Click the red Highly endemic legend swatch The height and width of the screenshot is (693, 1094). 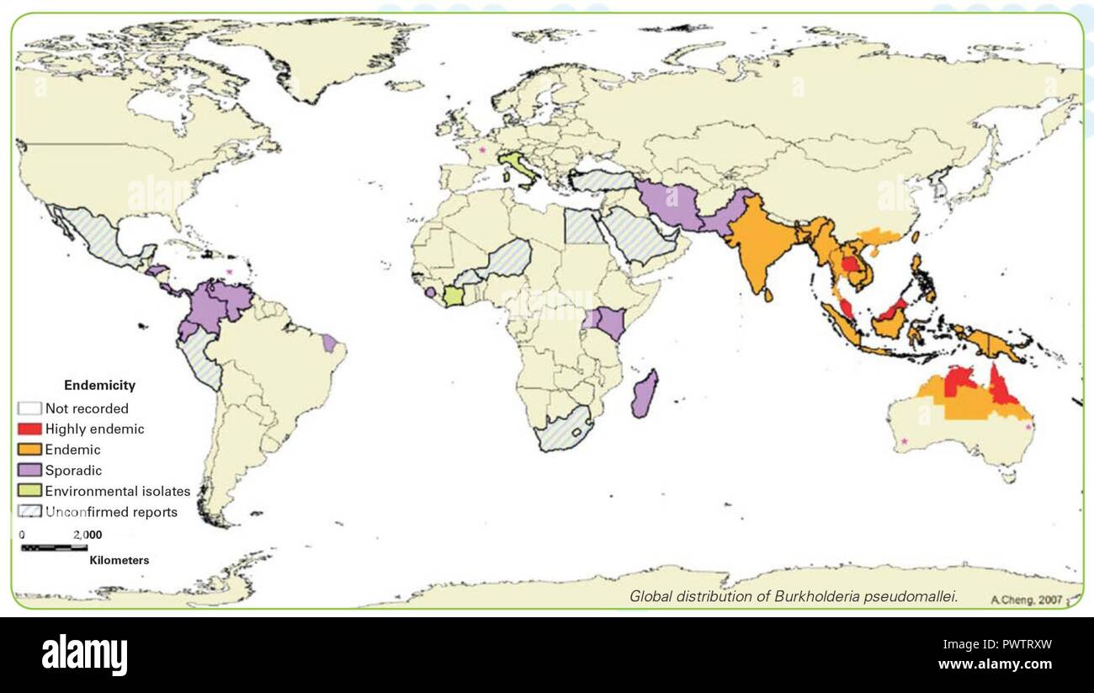[x=30, y=429]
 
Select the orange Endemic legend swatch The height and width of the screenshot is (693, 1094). [x=30, y=450]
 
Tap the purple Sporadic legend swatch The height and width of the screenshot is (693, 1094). [x=30, y=471]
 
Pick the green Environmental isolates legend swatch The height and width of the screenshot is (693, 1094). [x=30, y=491]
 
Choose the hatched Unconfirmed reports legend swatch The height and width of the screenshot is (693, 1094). [x=30, y=512]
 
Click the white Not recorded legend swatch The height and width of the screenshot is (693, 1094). [x=30, y=408]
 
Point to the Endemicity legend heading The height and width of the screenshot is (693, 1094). [x=99, y=386]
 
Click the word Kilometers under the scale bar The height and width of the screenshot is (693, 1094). [x=119, y=561]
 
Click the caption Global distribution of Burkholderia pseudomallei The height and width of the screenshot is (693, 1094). [x=794, y=596]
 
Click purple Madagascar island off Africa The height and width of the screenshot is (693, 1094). [x=645, y=393]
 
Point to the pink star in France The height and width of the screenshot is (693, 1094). [x=482, y=150]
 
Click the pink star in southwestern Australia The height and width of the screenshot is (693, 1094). [x=905, y=441]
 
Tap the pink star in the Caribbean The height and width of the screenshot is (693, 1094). [x=228, y=271]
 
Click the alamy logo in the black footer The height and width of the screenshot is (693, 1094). [x=84, y=654]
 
